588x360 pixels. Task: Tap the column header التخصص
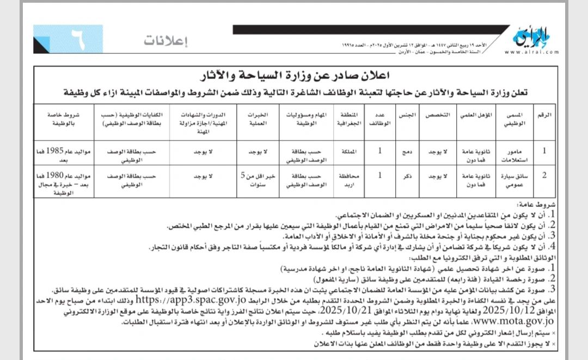click(445, 115)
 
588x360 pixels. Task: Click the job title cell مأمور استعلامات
click(513, 155)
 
